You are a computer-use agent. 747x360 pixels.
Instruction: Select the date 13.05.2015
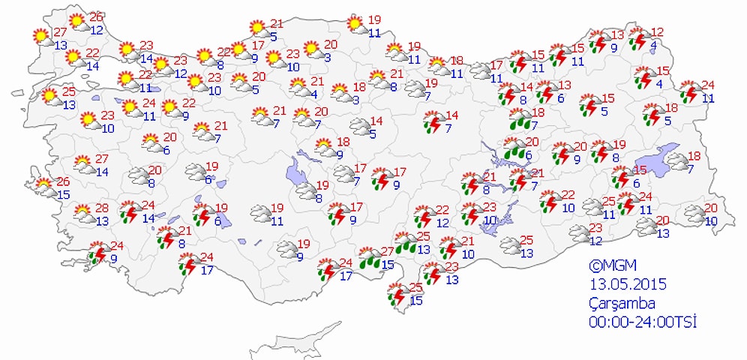point(628,285)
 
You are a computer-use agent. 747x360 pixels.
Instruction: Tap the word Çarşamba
point(621,304)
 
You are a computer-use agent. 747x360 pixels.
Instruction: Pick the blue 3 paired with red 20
point(328,57)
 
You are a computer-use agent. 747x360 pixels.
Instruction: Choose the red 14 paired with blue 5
point(376,121)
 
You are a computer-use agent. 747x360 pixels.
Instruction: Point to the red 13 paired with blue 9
point(617,35)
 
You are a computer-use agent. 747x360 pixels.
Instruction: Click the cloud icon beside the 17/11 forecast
point(478,71)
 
